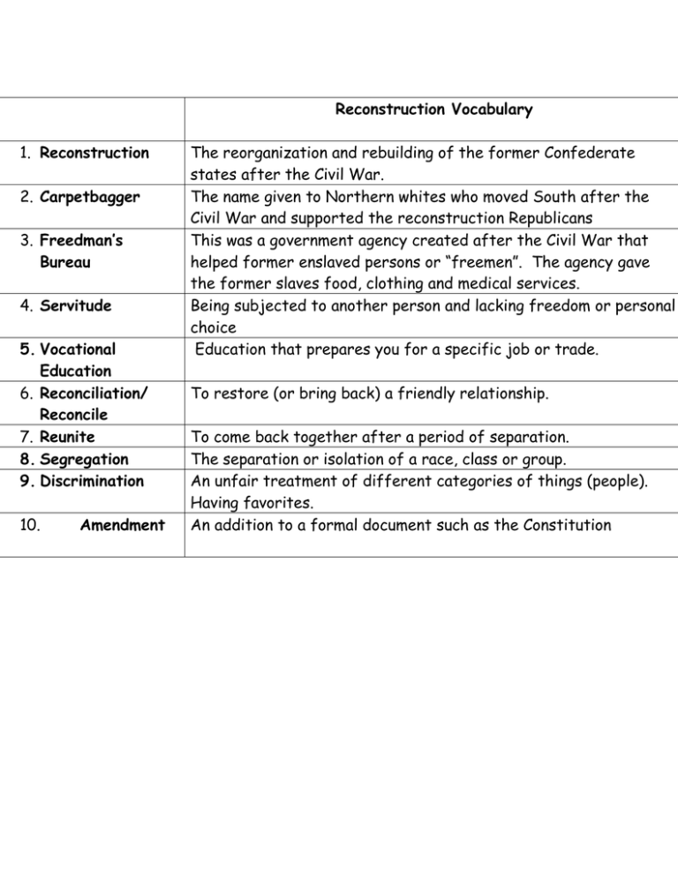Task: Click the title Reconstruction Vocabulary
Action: [x=433, y=110]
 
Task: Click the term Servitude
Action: [x=76, y=306]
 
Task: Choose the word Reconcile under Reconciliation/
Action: [x=76, y=414]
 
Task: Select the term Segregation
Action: [x=85, y=459]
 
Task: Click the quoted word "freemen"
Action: [x=456, y=262]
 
